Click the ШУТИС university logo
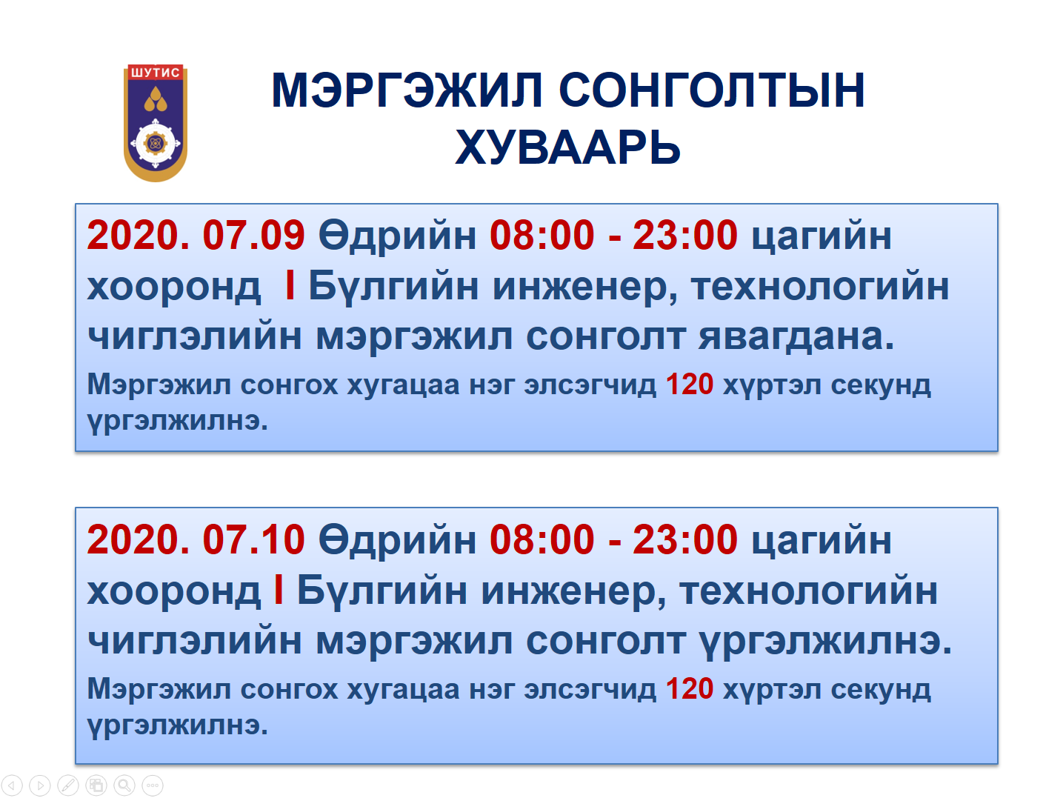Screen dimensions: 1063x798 pyautogui.click(x=156, y=123)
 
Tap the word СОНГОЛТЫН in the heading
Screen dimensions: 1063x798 pyautogui.click(x=712, y=90)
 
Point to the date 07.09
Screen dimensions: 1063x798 pyautogui.click(x=254, y=236)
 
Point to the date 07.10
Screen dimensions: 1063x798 pyautogui.click(x=254, y=540)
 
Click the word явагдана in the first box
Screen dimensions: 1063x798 pyautogui.click(x=796, y=336)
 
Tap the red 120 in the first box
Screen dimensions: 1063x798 pyautogui.click(x=690, y=385)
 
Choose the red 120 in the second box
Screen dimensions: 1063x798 pyautogui.click(x=690, y=689)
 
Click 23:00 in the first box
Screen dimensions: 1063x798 pyautogui.click(x=685, y=236)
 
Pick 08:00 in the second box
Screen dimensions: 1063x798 pyautogui.click(x=542, y=540)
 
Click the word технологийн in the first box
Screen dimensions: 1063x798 pyautogui.click(x=820, y=287)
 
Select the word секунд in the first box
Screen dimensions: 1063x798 pyautogui.click(x=881, y=386)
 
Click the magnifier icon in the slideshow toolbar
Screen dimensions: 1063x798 pyautogui.click(x=124, y=785)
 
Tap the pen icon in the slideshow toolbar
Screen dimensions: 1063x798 pyautogui.click(x=68, y=785)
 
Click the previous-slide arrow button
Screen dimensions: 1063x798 pyautogui.click(x=12, y=785)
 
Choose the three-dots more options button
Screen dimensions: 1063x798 pyautogui.click(x=153, y=785)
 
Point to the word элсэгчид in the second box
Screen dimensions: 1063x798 pyautogui.click(x=590, y=690)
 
